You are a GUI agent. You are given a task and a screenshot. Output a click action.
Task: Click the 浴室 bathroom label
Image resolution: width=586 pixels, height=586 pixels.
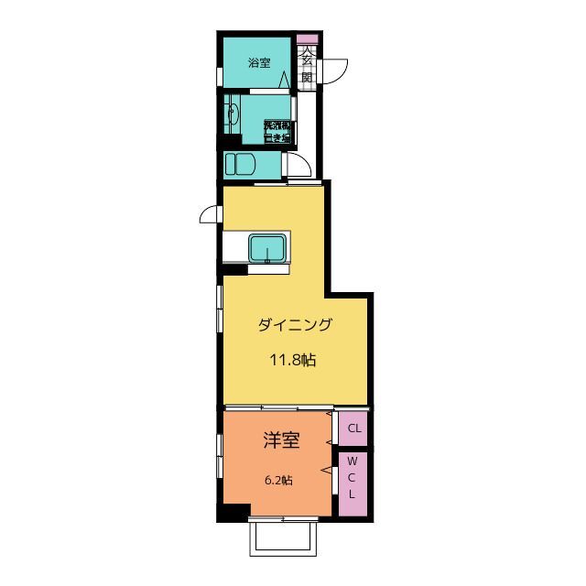pyautogui.click(x=259, y=63)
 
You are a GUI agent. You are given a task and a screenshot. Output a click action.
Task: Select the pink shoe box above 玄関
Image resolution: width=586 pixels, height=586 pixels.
pyautogui.click(x=307, y=38)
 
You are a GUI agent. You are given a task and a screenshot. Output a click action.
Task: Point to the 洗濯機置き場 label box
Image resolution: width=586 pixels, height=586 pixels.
pyautogui.click(x=277, y=131)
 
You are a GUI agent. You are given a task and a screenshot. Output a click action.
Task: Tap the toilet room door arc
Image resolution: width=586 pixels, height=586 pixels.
pyautogui.click(x=298, y=165)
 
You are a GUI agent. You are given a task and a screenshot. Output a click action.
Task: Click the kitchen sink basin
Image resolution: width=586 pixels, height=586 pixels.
pyautogui.click(x=267, y=249)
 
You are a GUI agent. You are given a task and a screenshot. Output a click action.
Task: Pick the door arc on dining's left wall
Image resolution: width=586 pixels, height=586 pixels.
pyautogui.click(x=210, y=215)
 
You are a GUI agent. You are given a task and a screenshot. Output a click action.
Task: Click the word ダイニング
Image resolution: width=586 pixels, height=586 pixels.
pyautogui.click(x=293, y=324)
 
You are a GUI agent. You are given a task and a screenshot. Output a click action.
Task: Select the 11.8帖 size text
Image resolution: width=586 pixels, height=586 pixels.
pyautogui.click(x=292, y=360)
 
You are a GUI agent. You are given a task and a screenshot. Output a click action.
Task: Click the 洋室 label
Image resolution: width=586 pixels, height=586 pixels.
pyautogui.click(x=282, y=440)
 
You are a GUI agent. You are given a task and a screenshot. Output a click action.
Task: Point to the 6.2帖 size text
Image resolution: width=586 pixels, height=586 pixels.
pyautogui.click(x=279, y=480)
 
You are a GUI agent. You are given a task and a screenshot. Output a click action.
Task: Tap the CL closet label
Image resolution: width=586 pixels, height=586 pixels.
pyautogui.click(x=353, y=428)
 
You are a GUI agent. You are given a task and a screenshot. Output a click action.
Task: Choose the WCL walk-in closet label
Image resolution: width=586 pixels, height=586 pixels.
pyautogui.click(x=353, y=485)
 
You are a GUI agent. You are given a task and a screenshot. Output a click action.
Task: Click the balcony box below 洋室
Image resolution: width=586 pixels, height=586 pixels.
pyautogui.click(x=283, y=537)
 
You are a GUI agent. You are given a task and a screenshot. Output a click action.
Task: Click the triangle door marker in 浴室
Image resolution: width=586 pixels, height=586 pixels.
pyautogui.click(x=285, y=81)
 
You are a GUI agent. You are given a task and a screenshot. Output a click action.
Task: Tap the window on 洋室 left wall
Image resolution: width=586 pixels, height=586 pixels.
pyautogui.click(x=220, y=456)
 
